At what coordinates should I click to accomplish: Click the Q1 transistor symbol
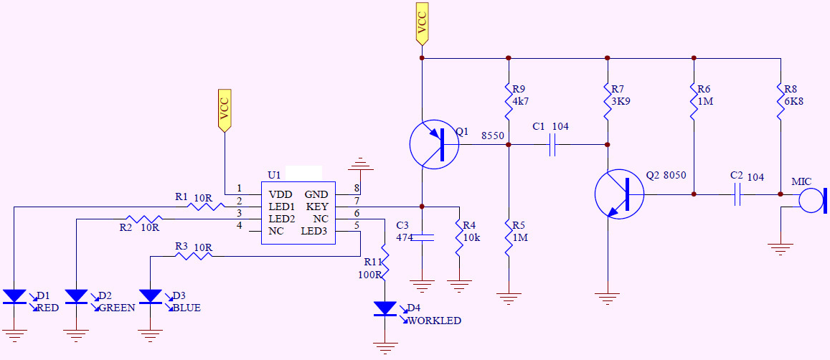[434, 145]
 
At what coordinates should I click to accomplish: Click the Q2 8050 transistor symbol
[619, 194]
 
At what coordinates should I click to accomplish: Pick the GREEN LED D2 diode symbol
[76, 296]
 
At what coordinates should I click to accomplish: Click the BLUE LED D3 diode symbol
[151, 296]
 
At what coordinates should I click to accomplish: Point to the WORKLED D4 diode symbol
[385, 308]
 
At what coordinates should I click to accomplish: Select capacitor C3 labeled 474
[422, 237]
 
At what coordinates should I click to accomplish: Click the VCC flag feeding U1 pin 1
[225, 110]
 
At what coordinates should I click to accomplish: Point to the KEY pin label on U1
[317, 207]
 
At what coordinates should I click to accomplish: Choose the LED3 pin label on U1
[314, 231]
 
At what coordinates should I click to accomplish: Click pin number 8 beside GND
[357, 188]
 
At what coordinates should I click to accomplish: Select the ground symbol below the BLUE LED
[151, 336]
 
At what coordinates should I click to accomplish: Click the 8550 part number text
[492, 136]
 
